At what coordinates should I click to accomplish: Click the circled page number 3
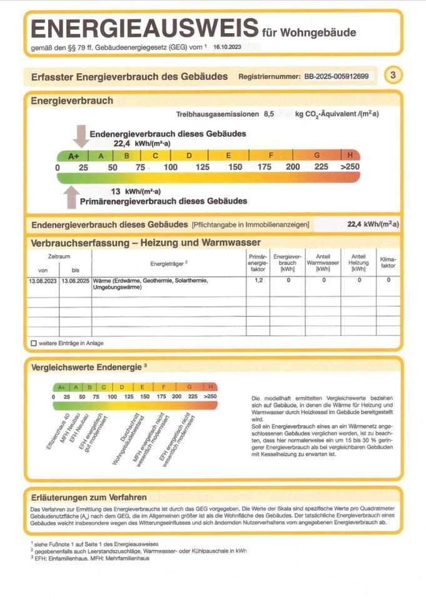pyautogui.click(x=392, y=76)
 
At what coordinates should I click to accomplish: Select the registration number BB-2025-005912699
pyautogui.click(x=337, y=77)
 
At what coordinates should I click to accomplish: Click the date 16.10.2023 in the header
pyautogui.click(x=227, y=46)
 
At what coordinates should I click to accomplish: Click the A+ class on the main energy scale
pyautogui.click(x=73, y=156)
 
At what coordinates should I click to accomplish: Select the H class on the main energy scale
pyautogui.click(x=350, y=156)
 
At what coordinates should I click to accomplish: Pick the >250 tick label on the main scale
pyautogui.click(x=350, y=167)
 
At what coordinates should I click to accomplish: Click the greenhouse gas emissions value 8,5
pyautogui.click(x=269, y=114)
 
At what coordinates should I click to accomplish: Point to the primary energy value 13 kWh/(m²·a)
pyautogui.click(x=136, y=191)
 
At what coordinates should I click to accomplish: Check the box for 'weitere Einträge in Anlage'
pyautogui.click(x=34, y=343)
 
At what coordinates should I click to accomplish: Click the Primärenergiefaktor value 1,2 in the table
pyautogui.click(x=258, y=281)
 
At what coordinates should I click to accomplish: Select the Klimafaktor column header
pyautogui.click(x=388, y=262)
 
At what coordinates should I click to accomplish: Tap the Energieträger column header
pyautogui.click(x=169, y=263)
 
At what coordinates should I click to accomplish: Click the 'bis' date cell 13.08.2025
pyautogui.click(x=76, y=281)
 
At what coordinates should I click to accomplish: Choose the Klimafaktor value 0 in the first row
pyautogui.click(x=388, y=281)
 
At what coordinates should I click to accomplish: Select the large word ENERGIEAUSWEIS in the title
pyautogui.click(x=144, y=29)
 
